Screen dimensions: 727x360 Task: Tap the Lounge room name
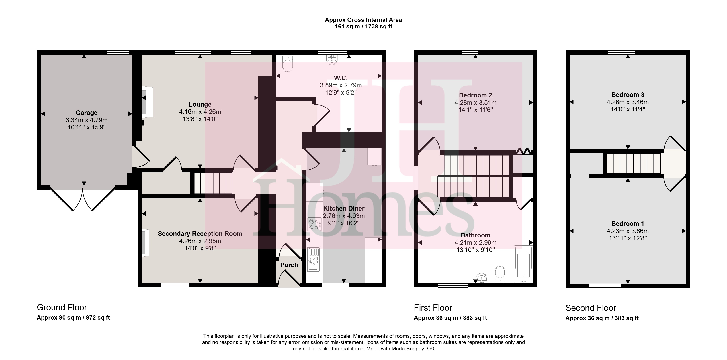(x=200, y=104)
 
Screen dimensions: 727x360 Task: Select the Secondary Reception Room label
(x=200, y=234)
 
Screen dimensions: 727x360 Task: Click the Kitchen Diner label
(x=344, y=208)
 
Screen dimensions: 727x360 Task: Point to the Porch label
(x=289, y=265)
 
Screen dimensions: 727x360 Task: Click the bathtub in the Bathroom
(x=523, y=264)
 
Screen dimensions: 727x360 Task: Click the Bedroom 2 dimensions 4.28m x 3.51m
(x=476, y=103)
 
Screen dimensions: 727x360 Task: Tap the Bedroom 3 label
(x=628, y=95)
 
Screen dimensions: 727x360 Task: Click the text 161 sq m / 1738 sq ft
(x=363, y=27)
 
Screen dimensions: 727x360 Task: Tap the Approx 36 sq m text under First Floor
(x=436, y=318)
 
